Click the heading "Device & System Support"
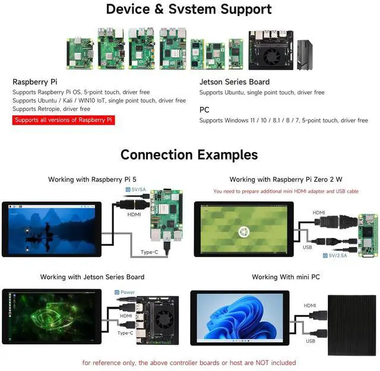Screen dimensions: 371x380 pyautogui.click(x=189, y=9)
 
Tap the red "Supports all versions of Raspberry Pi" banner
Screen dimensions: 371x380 pyautogui.click(x=64, y=120)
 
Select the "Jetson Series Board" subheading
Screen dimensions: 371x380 pyautogui.click(x=235, y=82)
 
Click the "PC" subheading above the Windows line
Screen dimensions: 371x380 pyautogui.click(x=205, y=110)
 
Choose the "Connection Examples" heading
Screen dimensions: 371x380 pyautogui.click(x=189, y=155)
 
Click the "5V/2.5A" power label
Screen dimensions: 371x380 pyautogui.click(x=338, y=255)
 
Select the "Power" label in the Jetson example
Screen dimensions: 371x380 pyautogui.click(x=126, y=292)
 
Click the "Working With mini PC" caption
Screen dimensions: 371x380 pyautogui.click(x=286, y=277)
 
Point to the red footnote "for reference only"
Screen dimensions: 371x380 pyautogui.click(x=189, y=362)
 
